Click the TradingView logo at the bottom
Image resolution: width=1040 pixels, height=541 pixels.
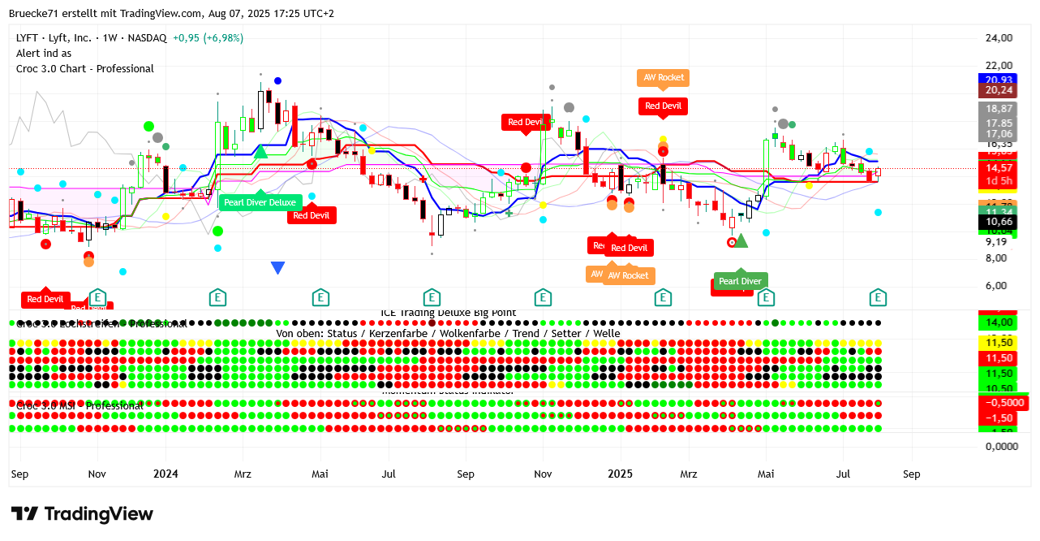click(x=82, y=514)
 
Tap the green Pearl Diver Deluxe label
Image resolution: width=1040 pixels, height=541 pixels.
click(x=260, y=201)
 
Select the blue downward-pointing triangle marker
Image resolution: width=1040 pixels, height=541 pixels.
click(x=277, y=267)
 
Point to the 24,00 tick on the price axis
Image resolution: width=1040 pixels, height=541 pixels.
click(x=999, y=38)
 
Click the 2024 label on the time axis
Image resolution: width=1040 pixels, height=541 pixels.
click(x=165, y=473)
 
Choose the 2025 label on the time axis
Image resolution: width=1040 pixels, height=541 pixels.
click(x=621, y=473)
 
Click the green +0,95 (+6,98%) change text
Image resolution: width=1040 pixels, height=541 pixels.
click(x=208, y=38)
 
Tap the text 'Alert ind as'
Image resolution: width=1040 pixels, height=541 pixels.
click(x=44, y=54)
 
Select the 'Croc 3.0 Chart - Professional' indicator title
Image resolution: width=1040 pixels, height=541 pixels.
click(x=85, y=69)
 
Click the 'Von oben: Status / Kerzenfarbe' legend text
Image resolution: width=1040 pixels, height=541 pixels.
click(x=448, y=333)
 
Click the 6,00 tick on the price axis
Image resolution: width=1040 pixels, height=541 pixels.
click(x=999, y=286)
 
